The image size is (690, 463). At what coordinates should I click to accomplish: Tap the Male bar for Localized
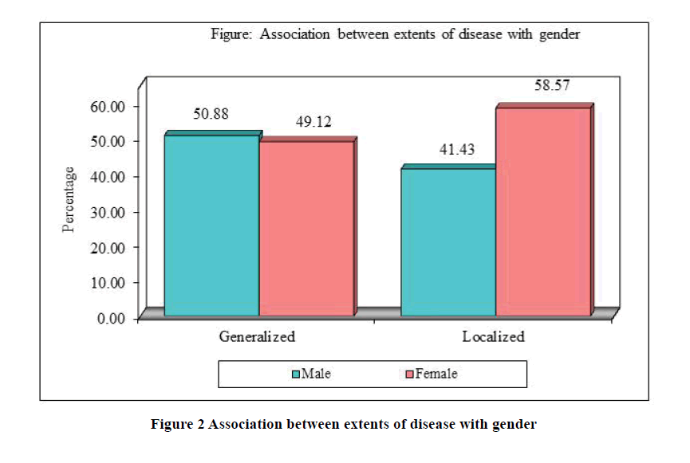(x=448, y=242)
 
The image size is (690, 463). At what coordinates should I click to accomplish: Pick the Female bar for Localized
(x=543, y=212)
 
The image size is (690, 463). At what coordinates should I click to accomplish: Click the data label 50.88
(x=211, y=114)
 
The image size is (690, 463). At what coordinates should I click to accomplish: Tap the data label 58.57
(x=551, y=86)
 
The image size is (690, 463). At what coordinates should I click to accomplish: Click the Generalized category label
(x=257, y=336)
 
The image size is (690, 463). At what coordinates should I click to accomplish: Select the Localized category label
(x=493, y=336)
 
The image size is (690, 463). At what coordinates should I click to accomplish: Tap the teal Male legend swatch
(x=296, y=373)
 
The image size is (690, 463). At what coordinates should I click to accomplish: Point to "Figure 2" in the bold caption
(x=177, y=424)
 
